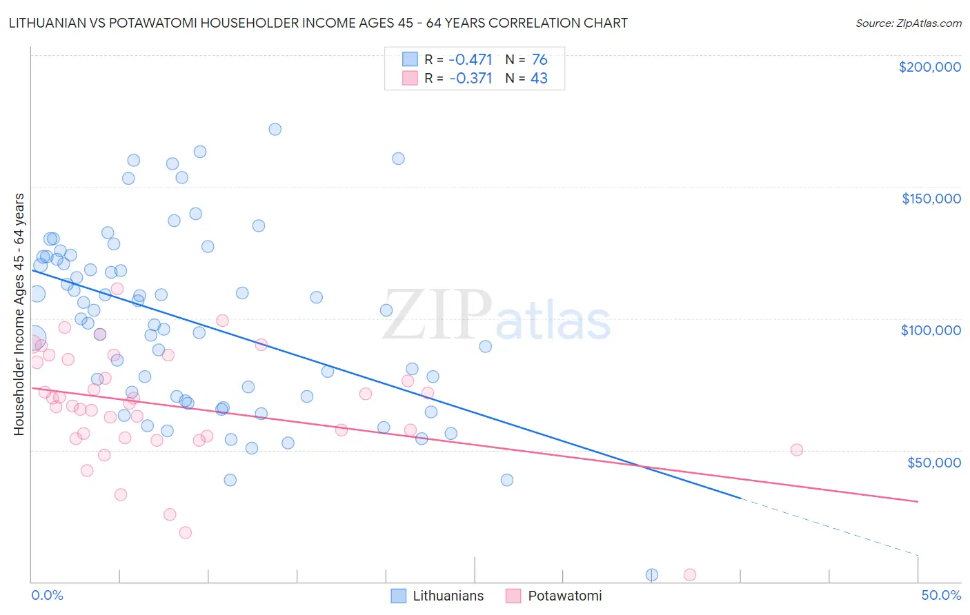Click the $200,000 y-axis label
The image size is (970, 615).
tap(929, 67)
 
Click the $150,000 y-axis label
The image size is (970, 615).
tap(931, 199)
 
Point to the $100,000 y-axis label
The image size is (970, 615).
tap(931, 330)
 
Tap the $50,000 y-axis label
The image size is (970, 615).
tap(933, 463)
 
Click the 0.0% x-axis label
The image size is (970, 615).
tap(47, 595)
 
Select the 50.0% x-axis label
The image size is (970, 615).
tap(941, 595)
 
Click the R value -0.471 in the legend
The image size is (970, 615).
tap(471, 60)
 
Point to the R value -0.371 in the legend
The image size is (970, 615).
tap(471, 79)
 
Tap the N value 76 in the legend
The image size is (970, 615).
tap(540, 60)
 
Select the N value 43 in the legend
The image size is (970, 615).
tap(539, 79)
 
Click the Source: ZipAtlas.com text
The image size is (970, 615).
tap(908, 23)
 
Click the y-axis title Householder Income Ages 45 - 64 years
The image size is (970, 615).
tap(19, 314)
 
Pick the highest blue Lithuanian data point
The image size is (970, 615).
tap(275, 129)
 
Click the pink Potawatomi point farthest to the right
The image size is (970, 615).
tap(797, 450)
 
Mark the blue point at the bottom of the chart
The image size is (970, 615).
tap(652, 575)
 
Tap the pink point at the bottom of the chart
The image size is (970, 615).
tap(689, 575)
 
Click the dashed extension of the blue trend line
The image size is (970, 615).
tap(828, 525)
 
